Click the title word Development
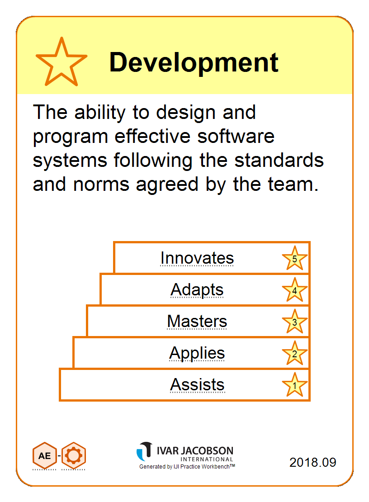tap(194, 62)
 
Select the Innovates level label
tap(197, 258)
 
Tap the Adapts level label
tap(197, 290)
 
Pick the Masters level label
tap(197, 322)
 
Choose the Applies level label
tap(197, 354)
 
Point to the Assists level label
tap(197, 384)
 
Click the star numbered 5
tap(295, 259)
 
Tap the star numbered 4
tap(295, 290)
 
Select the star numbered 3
tap(295, 322)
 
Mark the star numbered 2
tap(295, 354)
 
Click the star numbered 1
tap(295, 385)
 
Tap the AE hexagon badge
tap(44, 455)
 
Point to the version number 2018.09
tap(312, 462)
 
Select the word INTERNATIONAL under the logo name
tap(207, 459)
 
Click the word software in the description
tap(236, 137)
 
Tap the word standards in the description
tap(279, 160)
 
